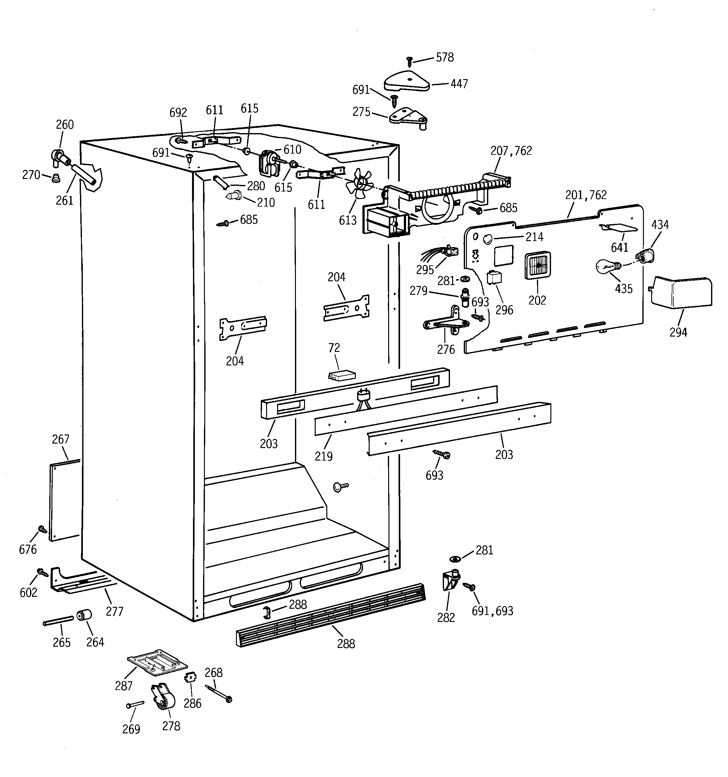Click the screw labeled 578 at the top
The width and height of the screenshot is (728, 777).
point(409,61)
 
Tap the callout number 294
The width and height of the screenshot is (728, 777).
point(678,332)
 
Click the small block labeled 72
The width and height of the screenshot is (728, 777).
point(341,375)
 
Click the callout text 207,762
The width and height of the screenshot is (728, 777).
point(511,151)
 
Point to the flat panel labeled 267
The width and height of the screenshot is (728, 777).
point(64,500)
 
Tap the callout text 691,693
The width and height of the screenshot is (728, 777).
point(492,611)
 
